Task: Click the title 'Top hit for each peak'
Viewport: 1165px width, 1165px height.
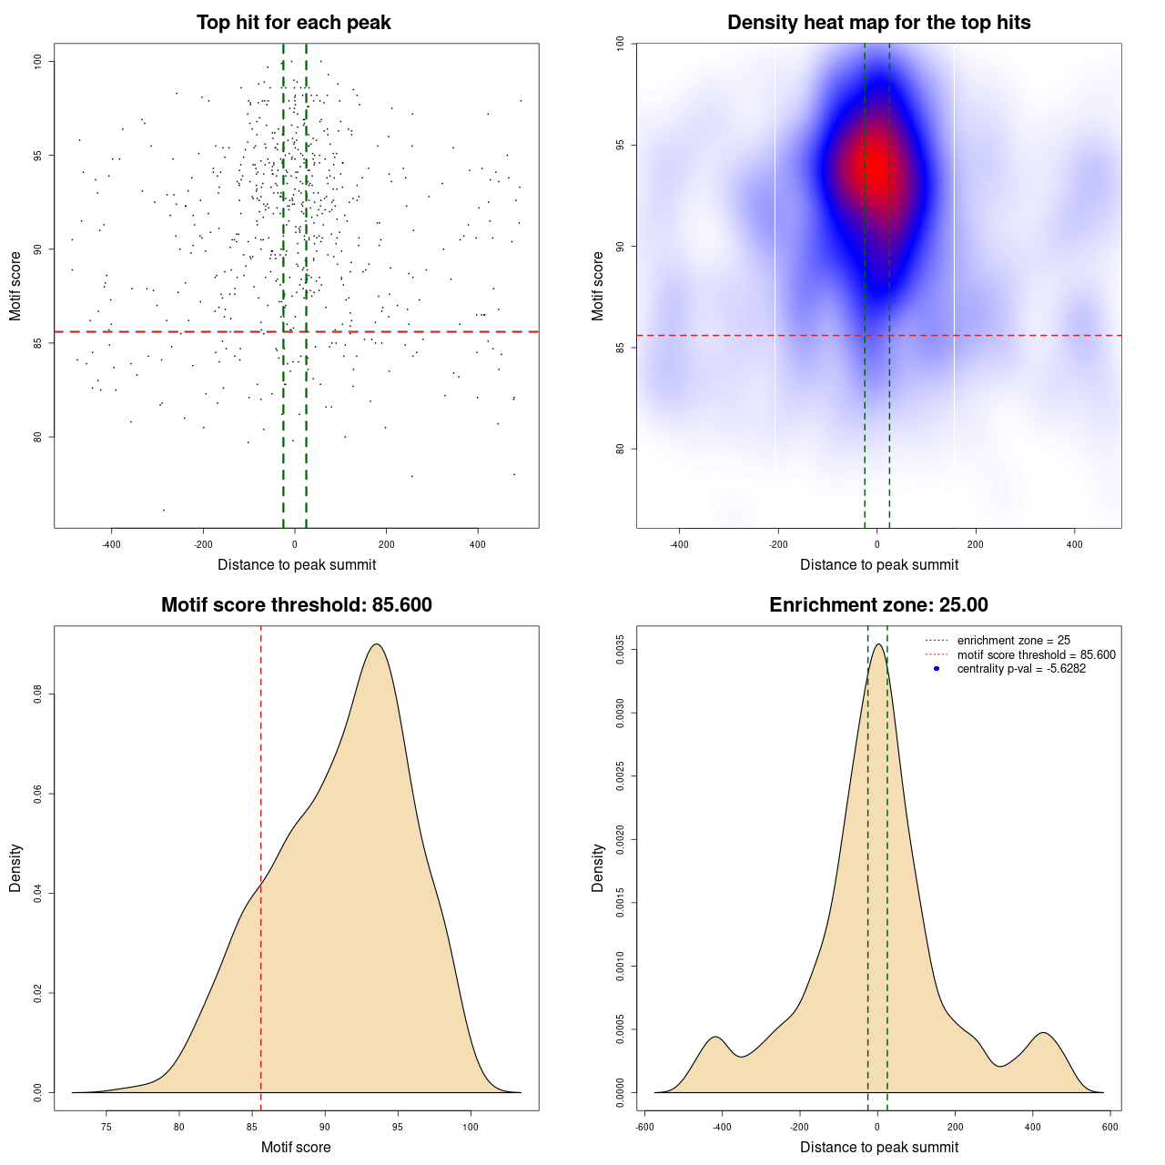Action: click(294, 23)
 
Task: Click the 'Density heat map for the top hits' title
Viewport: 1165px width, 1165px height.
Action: click(878, 23)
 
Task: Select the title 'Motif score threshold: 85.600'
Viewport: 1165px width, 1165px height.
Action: click(296, 605)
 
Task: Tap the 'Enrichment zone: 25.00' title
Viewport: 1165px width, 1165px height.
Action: click(878, 605)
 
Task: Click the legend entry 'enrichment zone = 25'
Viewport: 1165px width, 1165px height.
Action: click(1013, 641)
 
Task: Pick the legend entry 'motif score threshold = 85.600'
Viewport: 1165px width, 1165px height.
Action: click(1036, 655)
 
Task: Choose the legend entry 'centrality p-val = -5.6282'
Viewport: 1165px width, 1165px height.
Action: click(1021, 669)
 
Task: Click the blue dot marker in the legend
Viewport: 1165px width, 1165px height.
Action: click(937, 669)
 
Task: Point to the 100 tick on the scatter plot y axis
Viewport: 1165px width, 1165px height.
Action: click(37, 61)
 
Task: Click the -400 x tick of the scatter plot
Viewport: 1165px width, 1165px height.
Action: click(111, 544)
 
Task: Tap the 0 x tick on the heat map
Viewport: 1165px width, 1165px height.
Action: click(877, 544)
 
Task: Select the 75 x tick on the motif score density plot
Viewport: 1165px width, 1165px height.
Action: click(106, 1127)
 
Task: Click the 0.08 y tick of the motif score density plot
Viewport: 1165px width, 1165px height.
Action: click(37, 695)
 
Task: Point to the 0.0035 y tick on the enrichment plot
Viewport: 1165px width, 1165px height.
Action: click(620, 650)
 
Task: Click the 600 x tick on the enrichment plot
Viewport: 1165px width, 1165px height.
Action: click(1109, 1127)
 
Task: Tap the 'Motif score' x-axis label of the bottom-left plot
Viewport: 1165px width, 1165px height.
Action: click(296, 1148)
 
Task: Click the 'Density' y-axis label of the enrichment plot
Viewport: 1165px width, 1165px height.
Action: click(598, 868)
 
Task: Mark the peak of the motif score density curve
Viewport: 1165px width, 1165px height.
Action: click(376, 644)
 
